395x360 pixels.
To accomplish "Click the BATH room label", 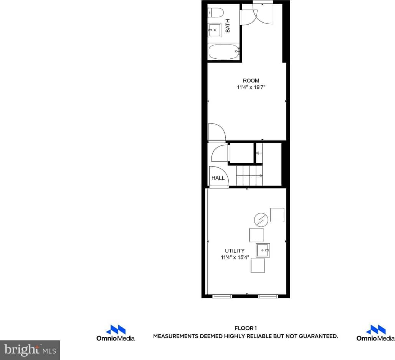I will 228,26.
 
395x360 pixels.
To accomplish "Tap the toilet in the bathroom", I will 215,13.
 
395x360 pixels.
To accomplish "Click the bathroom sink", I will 215,30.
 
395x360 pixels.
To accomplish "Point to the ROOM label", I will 251,81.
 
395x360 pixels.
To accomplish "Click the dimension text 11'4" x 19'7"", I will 251,88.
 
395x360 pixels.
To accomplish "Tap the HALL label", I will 218,178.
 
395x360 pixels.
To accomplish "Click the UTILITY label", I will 235,251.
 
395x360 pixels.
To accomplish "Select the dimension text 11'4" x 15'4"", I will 235,258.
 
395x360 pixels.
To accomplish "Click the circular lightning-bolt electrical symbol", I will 261,220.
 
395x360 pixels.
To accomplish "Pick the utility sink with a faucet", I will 263,250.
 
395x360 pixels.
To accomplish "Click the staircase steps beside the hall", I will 250,176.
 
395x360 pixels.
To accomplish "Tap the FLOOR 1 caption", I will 245,328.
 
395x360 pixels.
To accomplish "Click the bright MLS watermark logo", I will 30,350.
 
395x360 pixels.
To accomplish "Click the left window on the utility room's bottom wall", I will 223,296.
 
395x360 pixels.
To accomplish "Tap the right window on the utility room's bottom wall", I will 268,296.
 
